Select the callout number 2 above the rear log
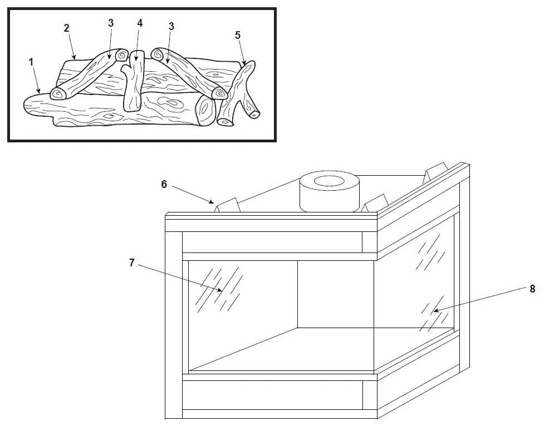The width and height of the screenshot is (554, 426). click(66, 28)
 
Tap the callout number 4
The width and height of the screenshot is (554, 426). click(140, 23)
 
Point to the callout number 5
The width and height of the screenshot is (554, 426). click(238, 35)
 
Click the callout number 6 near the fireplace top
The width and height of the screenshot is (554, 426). click(164, 184)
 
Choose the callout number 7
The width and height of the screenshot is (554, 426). click(131, 262)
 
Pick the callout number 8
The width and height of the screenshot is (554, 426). click(532, 289)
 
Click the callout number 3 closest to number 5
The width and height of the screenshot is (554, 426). click(171, 26)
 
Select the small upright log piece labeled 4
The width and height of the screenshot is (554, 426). click(133, 86)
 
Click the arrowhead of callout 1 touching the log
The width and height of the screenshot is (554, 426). click(40, 91)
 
